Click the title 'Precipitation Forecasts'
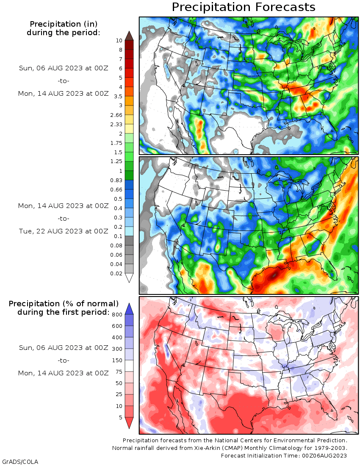[243, 7]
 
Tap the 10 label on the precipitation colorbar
[119, 40]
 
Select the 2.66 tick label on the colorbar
[116, 115]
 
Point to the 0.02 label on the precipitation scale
[116, 273]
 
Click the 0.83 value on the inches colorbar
[116, 180]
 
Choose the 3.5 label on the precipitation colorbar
[118, 96]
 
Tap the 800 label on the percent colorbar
[117, 314]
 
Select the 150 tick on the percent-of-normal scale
[117, 360]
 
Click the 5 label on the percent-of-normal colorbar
[121, 417]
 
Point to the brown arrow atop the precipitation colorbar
[129, 36]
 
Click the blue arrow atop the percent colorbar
[129, 309]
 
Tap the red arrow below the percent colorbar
[129, 423]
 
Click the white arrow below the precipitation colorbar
[129, 278]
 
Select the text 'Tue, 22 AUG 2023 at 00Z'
[64, 231]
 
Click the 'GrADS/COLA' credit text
[20, 461]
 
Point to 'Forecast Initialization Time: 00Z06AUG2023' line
[284, 455]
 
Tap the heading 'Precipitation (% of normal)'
[64, 303]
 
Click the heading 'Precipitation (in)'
[64, 24]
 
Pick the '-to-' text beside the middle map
[64, 219]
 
